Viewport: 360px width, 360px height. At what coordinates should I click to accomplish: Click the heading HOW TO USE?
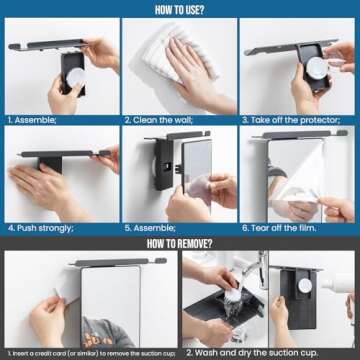coord(180,9)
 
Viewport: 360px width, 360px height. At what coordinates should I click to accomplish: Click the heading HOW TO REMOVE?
coord(180,241)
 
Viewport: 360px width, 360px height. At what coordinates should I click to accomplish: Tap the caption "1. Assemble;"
coord(33,118)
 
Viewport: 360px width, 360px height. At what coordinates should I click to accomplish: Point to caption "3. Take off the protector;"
coord(289,118)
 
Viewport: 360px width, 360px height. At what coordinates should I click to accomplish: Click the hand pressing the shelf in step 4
coord(45,180)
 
